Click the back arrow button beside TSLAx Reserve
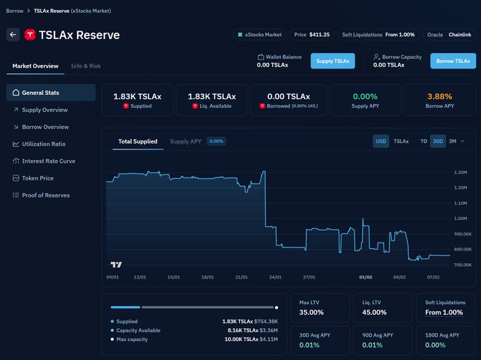pos(13,35)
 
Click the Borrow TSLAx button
pos(453,61)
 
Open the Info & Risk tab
pos(86,66)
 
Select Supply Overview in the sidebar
pos(45,110)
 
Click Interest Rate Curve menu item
pos(48,161)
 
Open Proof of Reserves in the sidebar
pos(47,194)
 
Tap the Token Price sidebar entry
pos(38,178)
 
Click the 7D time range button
pos(424,141)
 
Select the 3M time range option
pos(453,141)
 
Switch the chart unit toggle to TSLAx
pos(400,141)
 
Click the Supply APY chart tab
pos(185,141)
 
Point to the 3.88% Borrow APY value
pos(439,96)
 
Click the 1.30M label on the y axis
pos(460,173)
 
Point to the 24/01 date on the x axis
pos(274,277)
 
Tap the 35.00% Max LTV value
pos(311,312)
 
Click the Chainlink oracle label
pos(460,34)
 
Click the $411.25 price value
pos(319,34)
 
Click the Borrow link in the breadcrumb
pos(14,11)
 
